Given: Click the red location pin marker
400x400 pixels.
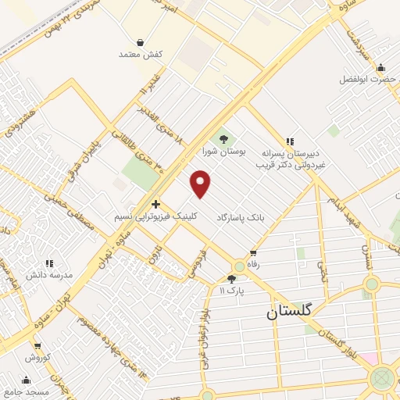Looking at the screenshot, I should (x=202, y=184).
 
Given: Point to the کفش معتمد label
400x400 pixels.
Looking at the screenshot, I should (x=140, y=55).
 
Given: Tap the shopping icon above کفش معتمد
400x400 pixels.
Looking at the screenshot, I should (x=140, y=41).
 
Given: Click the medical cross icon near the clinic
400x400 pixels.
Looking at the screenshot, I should (x=155, y=203).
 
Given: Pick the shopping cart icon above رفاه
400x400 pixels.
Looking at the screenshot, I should (x=252, y=253).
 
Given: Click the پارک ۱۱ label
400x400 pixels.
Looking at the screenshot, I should (x=231, y=291).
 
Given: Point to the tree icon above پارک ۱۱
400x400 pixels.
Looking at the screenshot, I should (x=231, y=279).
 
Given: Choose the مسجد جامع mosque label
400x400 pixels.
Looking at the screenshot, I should (x=26, y=391).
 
